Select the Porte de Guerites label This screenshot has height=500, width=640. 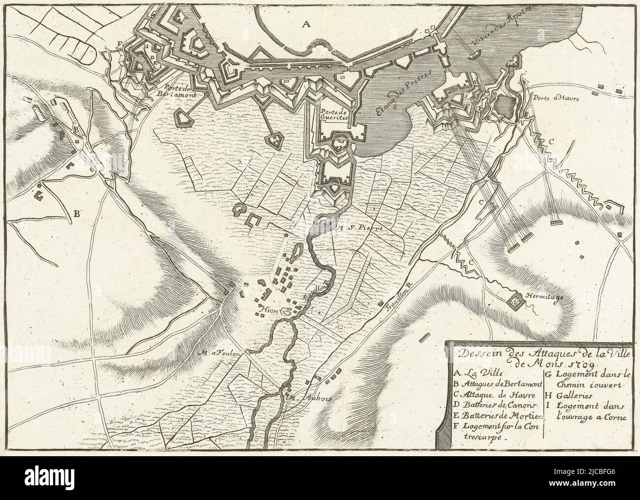[334, 115]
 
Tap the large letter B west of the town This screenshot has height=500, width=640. [77, 214]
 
